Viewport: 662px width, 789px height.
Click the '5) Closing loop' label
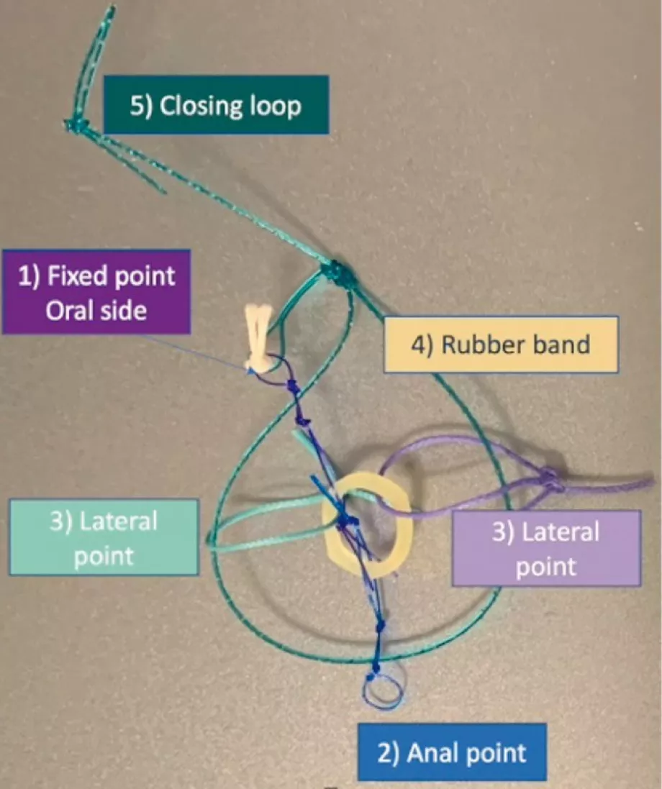(216, 105)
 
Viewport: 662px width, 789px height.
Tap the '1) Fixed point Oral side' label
(96, 291)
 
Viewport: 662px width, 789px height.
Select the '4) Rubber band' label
(501, 344)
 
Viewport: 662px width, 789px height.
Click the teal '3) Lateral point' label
(104, 537)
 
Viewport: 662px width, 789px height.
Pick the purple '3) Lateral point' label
(546, 548)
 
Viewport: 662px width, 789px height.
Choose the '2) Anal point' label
(453, 752)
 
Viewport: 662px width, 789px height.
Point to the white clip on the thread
(258, 338)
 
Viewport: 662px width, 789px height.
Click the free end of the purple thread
(651, 480)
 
